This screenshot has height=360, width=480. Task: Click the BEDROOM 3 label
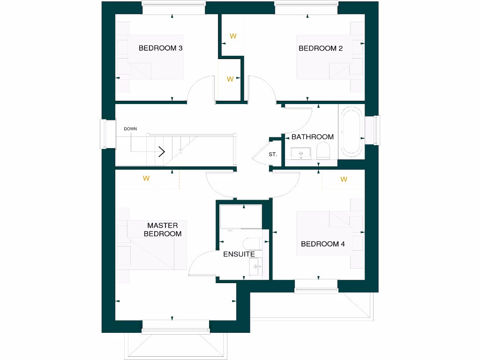(160, 48)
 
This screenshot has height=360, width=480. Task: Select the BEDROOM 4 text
(323, 244)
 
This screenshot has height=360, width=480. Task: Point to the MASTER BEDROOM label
(162, 230)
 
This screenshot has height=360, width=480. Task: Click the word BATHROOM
(313, 137)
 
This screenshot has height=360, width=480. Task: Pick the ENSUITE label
(239, 254)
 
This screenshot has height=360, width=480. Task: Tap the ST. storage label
(273, 154)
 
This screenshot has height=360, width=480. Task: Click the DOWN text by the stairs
(130, 128)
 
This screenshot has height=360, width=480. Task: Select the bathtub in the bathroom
(351, 132)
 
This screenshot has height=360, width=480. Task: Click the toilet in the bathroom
(323, 151)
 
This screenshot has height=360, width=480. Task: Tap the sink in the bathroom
(300, 153)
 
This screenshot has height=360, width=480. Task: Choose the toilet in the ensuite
(251, 244)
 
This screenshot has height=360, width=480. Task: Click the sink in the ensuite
(256, 267)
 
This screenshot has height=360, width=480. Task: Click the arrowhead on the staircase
(162, 151)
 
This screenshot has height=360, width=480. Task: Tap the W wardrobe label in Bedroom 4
(344, 179)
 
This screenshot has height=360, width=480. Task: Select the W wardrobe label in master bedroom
(146, 178)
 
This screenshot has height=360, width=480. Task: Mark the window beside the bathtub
(376, 130)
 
